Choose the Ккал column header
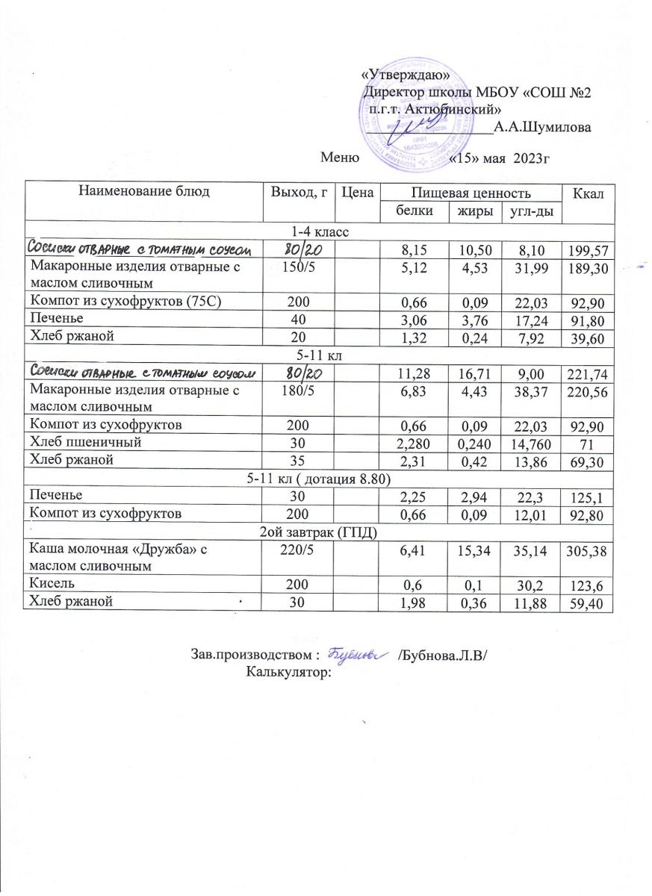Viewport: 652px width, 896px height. click(587, 194)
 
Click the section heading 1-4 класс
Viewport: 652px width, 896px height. click(318, 231)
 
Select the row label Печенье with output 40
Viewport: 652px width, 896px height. click(53, 319)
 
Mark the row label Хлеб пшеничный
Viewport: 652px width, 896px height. click(75, 443)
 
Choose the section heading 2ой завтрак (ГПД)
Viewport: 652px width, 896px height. click(319, 532)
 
